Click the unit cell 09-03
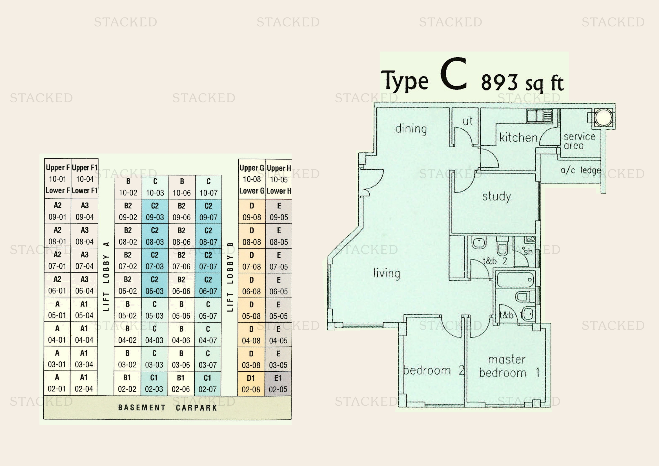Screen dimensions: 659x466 (155, 212)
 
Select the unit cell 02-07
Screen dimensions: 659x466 (208, 384)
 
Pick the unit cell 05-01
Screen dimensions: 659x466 (57, 310)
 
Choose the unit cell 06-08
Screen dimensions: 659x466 (251, 285)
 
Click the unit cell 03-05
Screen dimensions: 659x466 (278, 359)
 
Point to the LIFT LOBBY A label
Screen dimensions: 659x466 (106, 276)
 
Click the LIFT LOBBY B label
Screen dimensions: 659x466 (230, 277)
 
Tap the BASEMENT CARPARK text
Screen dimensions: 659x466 (168, 408)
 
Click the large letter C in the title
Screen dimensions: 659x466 (454, 74)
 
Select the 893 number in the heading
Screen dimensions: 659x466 (499, 82)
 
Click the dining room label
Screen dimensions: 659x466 (411, 129)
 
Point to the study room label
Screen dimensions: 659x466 (496, 197)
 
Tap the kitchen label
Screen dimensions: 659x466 (518, 137)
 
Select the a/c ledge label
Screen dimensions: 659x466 (581, 170)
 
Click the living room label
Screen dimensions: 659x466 (387, 273)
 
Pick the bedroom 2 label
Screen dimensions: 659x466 (434, 370)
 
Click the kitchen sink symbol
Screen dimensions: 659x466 (539, 116)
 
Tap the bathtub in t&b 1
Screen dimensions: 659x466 (515, 279)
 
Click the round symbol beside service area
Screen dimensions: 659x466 (603, 117)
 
